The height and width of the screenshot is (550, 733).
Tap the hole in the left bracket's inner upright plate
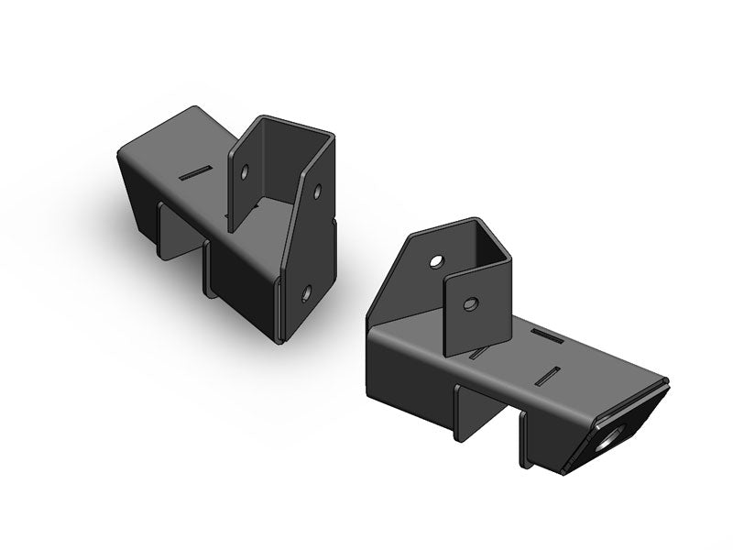coord(245,170)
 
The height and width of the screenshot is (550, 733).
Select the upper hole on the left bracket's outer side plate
coord(317,193)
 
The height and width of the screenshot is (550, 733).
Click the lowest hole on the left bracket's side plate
coord(306,294)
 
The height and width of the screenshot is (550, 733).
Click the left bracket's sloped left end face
coord(137,197)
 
